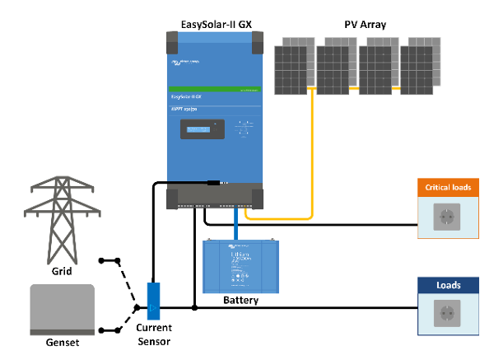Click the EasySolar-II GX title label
[x=215, y=24]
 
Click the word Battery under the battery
[x=241, y=301]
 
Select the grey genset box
[x=62, y=307]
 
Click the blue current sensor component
[x=154, y=302]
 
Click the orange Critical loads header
[x=448, y=188]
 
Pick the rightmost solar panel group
[x=419, y=67]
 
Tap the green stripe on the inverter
[x=216, y=88]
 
